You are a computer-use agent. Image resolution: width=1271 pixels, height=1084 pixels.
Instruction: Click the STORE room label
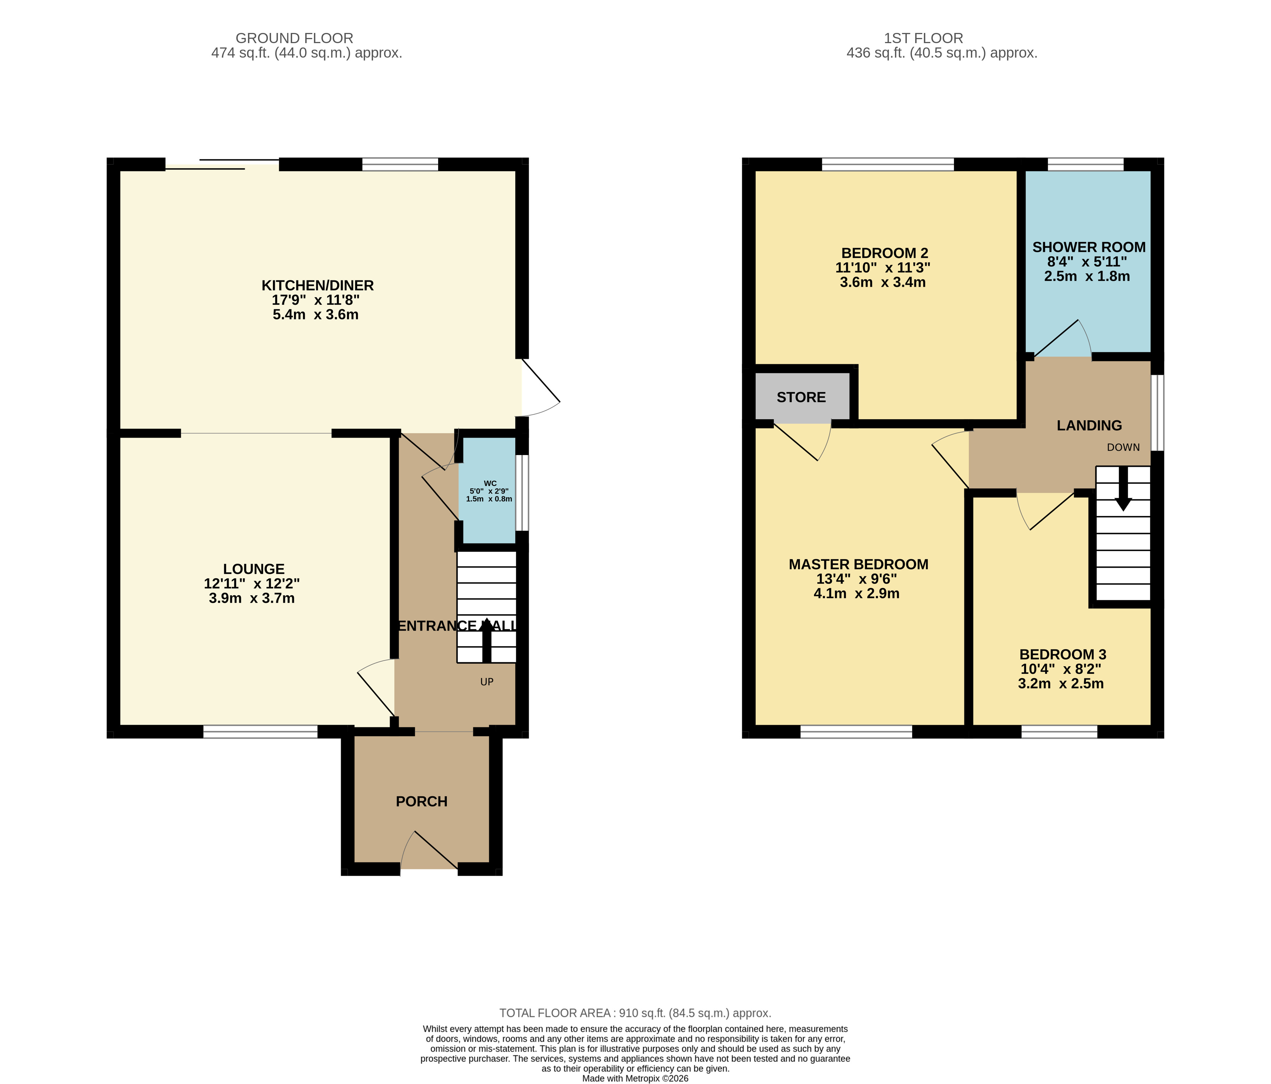tap(801, 397)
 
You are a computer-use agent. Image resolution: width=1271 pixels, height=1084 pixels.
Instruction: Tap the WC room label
tap(490, 483)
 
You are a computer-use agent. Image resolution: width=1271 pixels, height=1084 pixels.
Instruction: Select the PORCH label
tap(421, 801)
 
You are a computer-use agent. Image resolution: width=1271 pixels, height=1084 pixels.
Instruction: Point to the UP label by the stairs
tap(487, 682)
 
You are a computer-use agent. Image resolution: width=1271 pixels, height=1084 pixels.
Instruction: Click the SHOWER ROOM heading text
tap(1089, 247)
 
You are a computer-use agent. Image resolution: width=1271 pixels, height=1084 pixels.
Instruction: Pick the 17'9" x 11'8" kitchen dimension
tap(315, 300)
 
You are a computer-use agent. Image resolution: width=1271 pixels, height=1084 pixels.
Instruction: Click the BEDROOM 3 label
tap(1063, 654)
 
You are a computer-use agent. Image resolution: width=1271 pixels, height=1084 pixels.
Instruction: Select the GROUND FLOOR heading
tap(294, 38)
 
